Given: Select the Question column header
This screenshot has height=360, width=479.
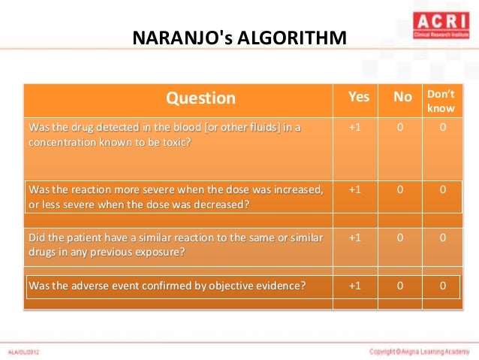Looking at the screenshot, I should (x=200, y=98).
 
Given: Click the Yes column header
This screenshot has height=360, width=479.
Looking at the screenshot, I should (x=359, y=97).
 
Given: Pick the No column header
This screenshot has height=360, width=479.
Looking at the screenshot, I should (x=402, y=97).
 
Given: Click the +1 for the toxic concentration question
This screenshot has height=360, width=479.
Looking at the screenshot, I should (x=356, y=127).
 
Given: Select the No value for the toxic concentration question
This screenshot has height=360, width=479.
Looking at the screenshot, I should (x=400, y=127).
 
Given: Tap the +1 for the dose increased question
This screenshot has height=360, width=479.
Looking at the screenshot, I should (x=356, y=189).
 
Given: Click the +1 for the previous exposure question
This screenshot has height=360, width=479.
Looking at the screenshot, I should (x=356, y=237).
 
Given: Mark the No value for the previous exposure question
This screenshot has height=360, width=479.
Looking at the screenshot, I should (x=400, y=237).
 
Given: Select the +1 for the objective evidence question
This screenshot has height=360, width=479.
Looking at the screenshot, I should (x=356, y=286).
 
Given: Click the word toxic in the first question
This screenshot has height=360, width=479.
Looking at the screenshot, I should (x=176, y=141).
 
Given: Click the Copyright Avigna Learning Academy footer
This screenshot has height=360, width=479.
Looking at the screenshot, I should (x=418, y=351).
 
